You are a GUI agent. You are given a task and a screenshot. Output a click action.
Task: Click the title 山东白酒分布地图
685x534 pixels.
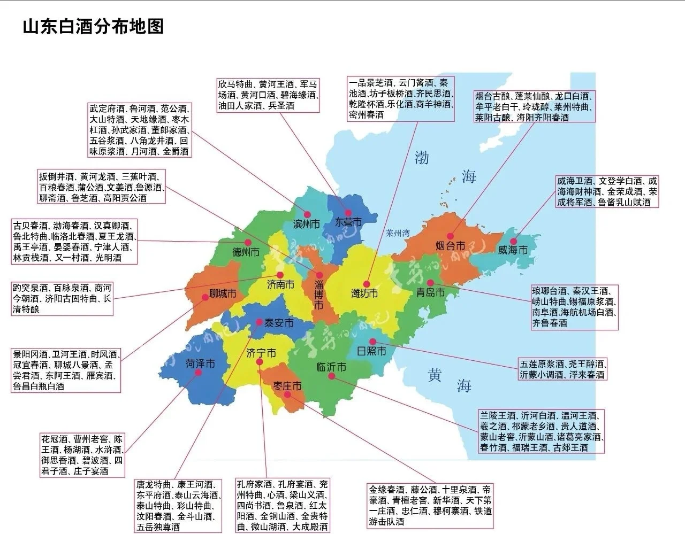(x=93, y=26)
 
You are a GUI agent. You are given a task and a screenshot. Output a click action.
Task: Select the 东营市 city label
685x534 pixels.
(x=348, y=222)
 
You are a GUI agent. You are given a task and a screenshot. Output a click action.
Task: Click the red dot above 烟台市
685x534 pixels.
(x=450, y=236)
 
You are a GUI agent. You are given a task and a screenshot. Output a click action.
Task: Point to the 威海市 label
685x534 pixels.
(x=512, y=250)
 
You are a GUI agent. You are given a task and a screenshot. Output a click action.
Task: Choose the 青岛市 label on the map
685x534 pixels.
(x=431, y=292)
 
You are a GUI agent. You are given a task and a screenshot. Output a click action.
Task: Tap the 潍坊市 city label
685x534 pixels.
(x=364, y=293)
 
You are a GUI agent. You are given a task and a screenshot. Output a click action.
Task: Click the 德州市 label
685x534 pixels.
(x=246, y=252)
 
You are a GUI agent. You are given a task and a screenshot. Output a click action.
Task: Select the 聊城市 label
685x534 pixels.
(x=222, y=294)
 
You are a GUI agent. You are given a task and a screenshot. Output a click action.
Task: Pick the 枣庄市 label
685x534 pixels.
(x=287, y=385)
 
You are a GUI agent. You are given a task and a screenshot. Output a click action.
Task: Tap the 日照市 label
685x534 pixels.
(x=371, y=351)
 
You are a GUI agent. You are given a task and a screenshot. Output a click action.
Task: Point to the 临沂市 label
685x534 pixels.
(x=331, y=367)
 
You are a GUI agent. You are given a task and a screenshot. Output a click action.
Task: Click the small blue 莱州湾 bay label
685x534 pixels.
(x=398, y=233)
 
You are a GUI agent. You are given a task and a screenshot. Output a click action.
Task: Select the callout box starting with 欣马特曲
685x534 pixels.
(x=268, y=95)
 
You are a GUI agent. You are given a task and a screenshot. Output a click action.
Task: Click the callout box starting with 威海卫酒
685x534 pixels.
(x=607, y=191)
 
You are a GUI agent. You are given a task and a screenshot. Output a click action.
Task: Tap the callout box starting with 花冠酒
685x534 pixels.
(x=82, y=455)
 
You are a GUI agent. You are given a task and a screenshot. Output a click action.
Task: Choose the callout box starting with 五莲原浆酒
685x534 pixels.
(x=562, y=369)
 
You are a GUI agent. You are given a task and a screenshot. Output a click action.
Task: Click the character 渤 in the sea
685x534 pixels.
(x=422, y=158)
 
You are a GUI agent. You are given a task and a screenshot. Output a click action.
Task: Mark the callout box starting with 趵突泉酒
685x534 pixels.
(x=62, y=298)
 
